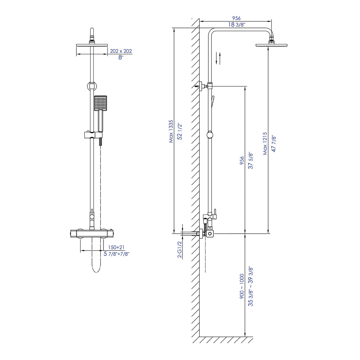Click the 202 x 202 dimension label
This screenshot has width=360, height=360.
pyautogui.click(x=121, y=51)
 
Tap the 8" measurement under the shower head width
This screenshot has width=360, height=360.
pyautogui.click(x=121, y=58)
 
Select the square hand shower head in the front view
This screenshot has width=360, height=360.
pyautogui.click(x=100, y=103)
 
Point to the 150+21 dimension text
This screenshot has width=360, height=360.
pyautogui.click(x=116, y=247)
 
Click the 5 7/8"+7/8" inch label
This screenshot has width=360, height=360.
pyautogui.click(x=116, y=254)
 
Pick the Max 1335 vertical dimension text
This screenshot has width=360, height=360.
pyautogui.click(x=171, y=131)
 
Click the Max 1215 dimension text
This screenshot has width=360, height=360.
pyautogui.click(x=265, y=143)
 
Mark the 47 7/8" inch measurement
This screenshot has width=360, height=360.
pyautogui.click(x=274, y=144)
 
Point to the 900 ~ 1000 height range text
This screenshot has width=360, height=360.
pyautogui.click(x=242, y=286)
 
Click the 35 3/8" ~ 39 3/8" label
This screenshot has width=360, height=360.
pyautogui.click(x=251, y=286)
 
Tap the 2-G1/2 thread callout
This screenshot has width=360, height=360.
pyautogui.click(x=180, y=249)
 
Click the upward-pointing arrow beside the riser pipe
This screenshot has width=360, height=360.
pyautogui.click(x=220, y=58)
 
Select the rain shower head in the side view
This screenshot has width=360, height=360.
pyautogui.click(x=271, y=45)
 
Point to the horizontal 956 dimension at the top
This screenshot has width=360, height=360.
pyautogui.click(x=236, y=18)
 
